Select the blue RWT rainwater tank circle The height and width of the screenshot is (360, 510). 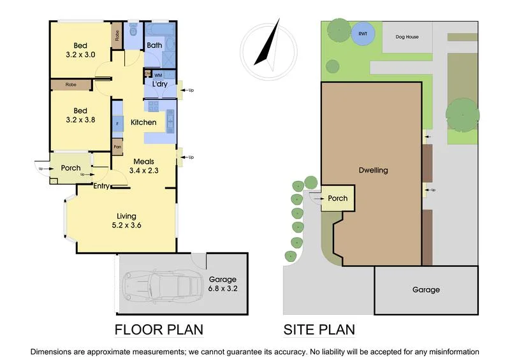(x=363, y=33)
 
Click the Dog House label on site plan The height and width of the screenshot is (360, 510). (x=407, y=37)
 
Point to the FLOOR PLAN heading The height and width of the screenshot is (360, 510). (x=159, y=329)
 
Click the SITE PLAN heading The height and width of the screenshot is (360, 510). (x=319, y=329)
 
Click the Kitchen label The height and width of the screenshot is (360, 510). (x=143, y=122)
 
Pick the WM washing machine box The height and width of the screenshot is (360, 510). (x=158, y=75)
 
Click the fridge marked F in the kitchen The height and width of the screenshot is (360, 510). (x=117, y=123)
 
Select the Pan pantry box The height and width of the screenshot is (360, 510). (x=117, y=147)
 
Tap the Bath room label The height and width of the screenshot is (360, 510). (x=154, y=45)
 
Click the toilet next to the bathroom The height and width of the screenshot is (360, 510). (x=133, y=30)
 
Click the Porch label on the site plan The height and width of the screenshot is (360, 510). (x=337, y=198)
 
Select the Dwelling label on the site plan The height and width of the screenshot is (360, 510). (x=372, y=170)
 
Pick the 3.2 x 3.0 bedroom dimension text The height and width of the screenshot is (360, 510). (x=80, y=55)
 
